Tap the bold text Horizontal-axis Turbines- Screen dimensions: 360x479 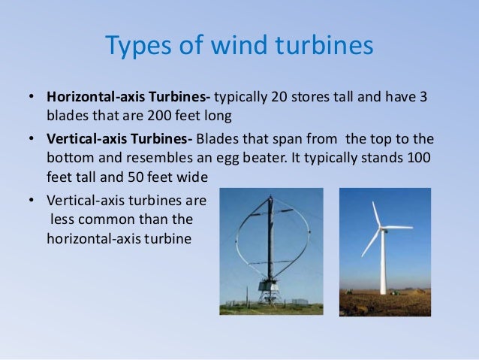131,98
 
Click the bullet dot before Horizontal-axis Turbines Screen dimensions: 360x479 32,98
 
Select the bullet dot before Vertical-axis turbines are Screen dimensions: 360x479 32,201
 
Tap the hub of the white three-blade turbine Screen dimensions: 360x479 381,227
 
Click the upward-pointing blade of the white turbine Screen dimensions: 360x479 376,213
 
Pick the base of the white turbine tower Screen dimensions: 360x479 383,292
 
